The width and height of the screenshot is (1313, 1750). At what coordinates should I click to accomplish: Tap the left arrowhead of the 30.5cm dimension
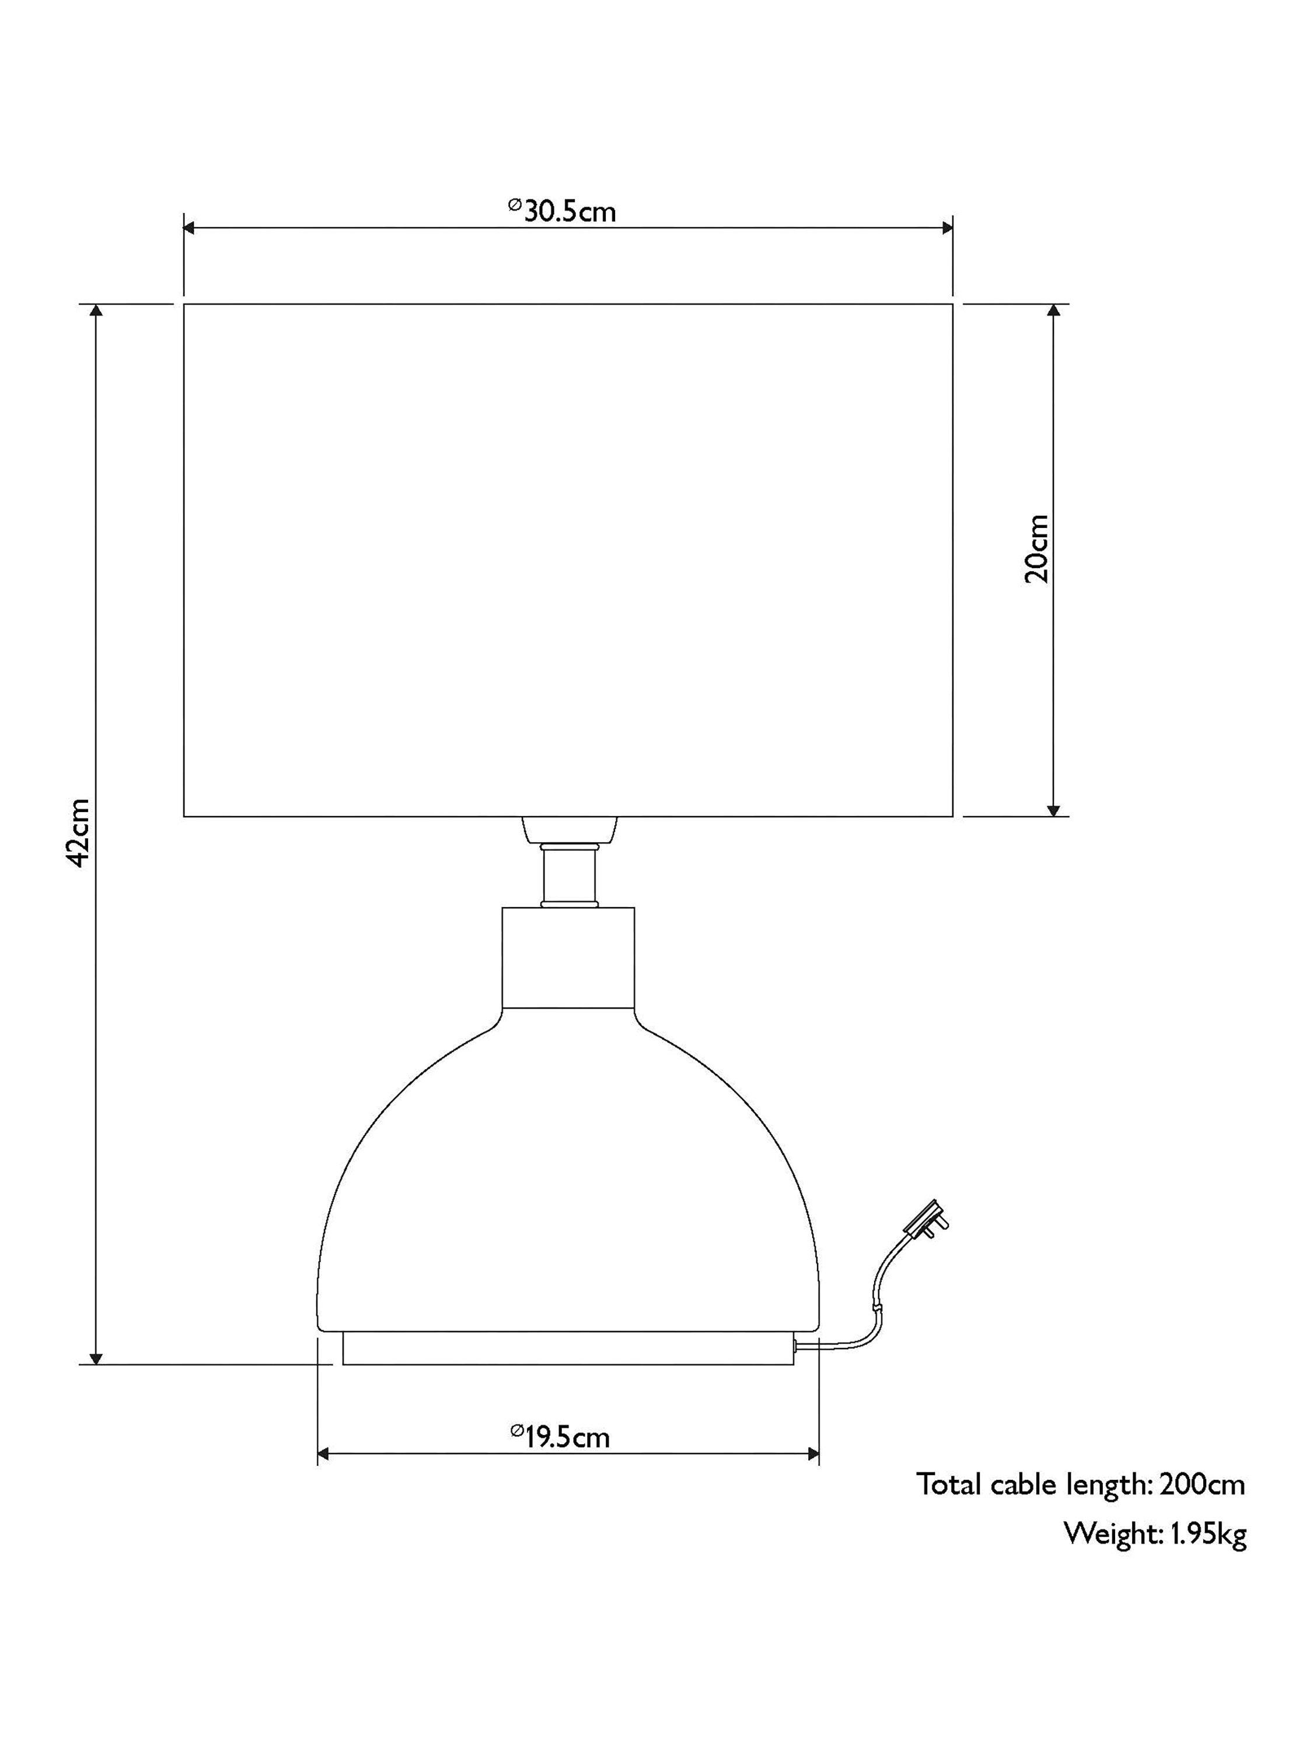190,228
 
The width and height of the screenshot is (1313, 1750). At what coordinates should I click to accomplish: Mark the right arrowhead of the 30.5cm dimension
947,228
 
